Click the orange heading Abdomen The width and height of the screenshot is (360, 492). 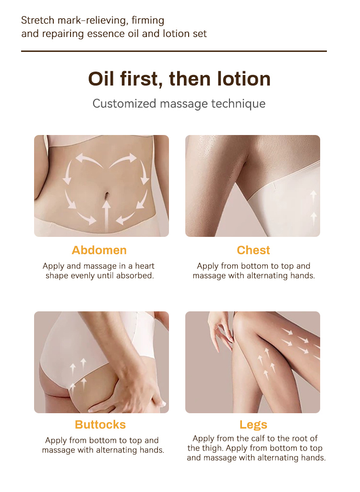(x=99, y=250)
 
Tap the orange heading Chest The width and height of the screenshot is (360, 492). (x=253, y=250)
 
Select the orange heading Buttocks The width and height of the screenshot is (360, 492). (x=100, y=425)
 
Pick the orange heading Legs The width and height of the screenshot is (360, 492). (x=253, y=425)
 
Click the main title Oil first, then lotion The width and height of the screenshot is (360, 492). (x=180, y=79)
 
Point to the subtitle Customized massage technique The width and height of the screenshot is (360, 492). (x=179, y=103)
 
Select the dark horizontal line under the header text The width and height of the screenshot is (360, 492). (x=174, y=51)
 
